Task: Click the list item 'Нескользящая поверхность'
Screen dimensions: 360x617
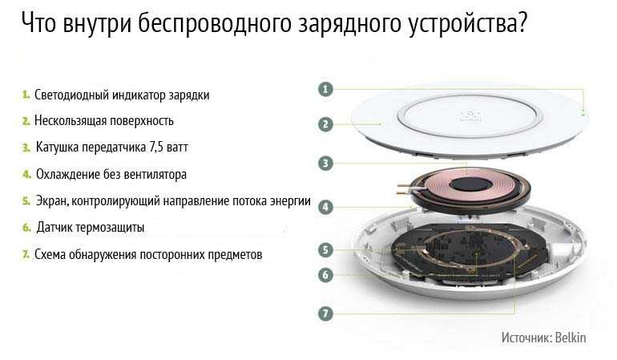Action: [103, 121]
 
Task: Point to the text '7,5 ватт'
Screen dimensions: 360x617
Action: [168, 148]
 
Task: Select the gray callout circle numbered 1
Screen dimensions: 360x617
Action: [325, 90]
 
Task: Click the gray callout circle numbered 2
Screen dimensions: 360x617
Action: [325, 124]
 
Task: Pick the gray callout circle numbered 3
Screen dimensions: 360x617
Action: [325, 164]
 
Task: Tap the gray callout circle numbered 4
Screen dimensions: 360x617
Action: [325, 207]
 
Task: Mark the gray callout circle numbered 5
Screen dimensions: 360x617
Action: [325, 250]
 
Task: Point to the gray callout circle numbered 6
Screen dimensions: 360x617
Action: [325, 275]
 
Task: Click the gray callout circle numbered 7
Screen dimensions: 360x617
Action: [325, 313]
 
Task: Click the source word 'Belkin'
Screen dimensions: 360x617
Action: [570, 338]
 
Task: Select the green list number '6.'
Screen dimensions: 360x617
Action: [27, 228]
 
